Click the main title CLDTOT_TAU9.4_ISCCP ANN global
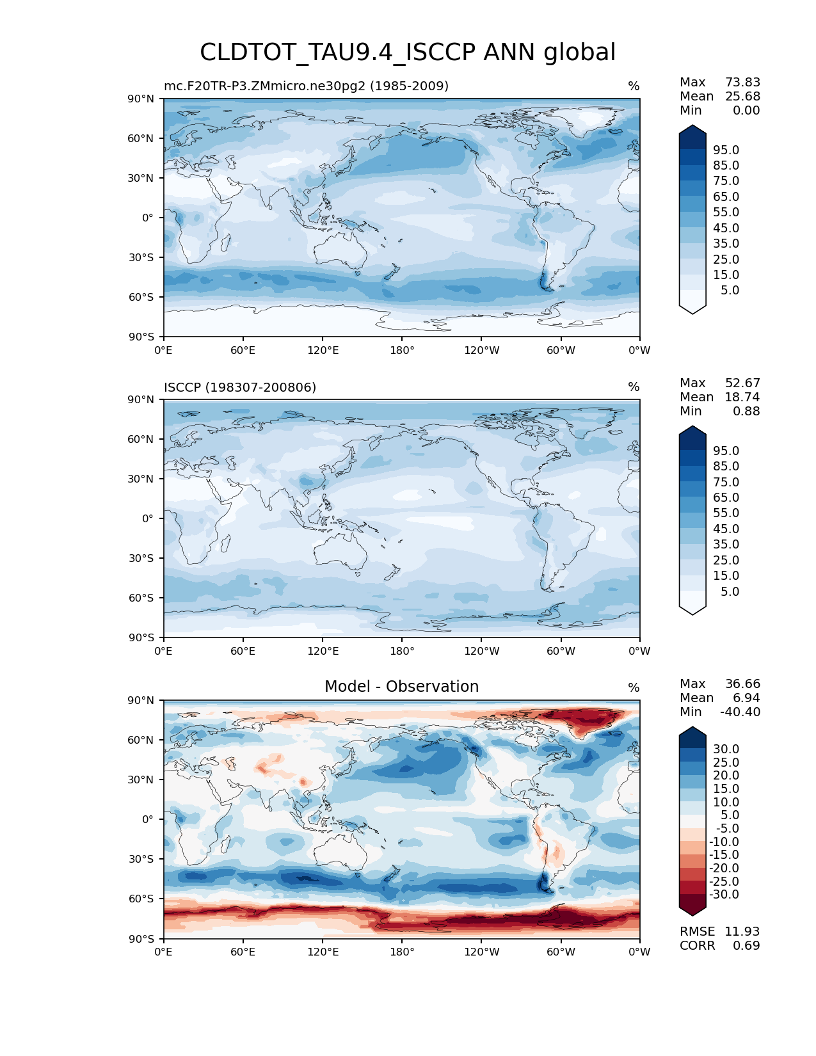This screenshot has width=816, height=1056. click(x=408, y=52)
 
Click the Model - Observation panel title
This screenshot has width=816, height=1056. click(x=401, y=687)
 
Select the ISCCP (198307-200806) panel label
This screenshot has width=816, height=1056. click(x=240, y=387)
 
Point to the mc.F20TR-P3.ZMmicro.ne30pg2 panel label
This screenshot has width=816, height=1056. click(x=306, y=86)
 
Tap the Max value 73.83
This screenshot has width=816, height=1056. click(x=742, y=82)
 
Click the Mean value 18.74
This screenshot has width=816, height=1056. click(x=742, y=397)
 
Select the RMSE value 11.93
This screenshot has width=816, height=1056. click(x=742, y=931)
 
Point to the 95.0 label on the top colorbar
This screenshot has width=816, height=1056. click(x=726, y=150)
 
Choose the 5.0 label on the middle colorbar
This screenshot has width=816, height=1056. click(x=730, y=591)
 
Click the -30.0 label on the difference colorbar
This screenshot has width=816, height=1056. click(x=724, y=894)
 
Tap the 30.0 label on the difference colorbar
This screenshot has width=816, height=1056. click(x=726, y=749)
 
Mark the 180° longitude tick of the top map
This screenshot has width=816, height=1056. click(x=402, y=350)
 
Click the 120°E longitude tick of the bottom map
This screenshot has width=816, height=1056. click(x=323, y=952)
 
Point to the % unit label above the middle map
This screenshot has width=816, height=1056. click(x=634, y=387)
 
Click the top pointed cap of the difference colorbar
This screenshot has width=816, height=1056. click(x=692, y=732)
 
